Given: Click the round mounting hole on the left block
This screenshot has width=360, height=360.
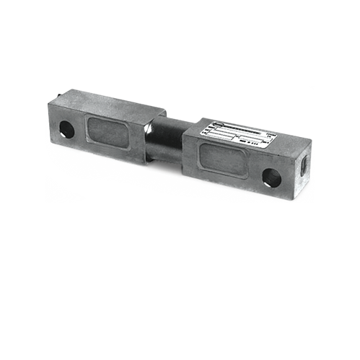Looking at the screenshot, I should (x=66, y=129).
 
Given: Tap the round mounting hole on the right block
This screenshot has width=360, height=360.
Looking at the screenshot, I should (x=271, y=176).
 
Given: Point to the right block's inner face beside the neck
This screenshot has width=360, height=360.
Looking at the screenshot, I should (x=189, y=148).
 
